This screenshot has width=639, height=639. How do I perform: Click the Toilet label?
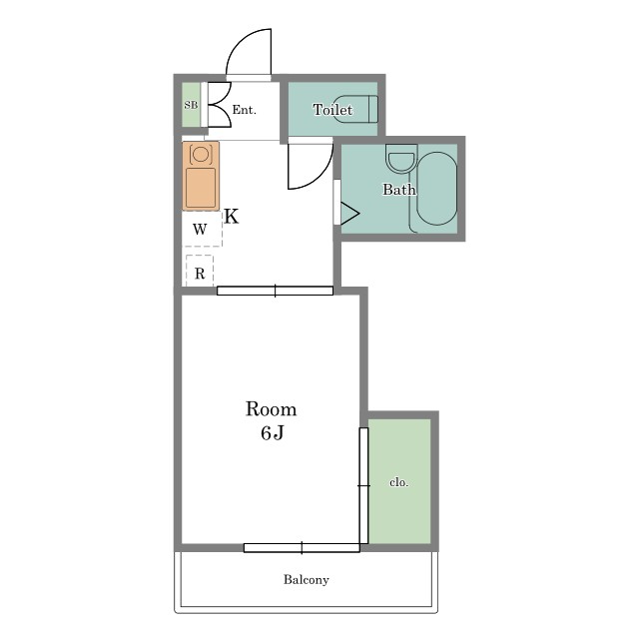point(332,109)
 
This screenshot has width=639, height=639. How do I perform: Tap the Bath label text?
point(399,189)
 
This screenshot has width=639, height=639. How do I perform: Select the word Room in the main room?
point(271,408)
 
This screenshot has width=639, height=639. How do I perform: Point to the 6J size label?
point(273,432)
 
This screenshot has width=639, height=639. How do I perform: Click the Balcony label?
point(307,579)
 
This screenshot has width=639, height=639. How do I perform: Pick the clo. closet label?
point(398,482)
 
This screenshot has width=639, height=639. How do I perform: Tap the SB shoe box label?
point(191,105)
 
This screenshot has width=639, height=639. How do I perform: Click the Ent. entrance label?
point(244,110)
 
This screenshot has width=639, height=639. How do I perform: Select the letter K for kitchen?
point(232,217)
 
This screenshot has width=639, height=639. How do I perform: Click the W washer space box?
point(202,229)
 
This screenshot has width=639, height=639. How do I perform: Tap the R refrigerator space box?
point(200,271)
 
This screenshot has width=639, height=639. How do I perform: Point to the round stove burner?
point(201,154)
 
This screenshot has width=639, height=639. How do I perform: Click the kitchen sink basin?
point(201,188)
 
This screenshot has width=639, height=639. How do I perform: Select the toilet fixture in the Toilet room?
point(355,109)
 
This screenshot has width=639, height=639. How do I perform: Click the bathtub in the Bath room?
point(437,189)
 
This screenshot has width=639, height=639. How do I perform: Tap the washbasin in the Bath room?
point(401,159)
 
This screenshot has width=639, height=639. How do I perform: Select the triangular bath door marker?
point(349,213)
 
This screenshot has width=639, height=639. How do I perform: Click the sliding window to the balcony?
point(302,548)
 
